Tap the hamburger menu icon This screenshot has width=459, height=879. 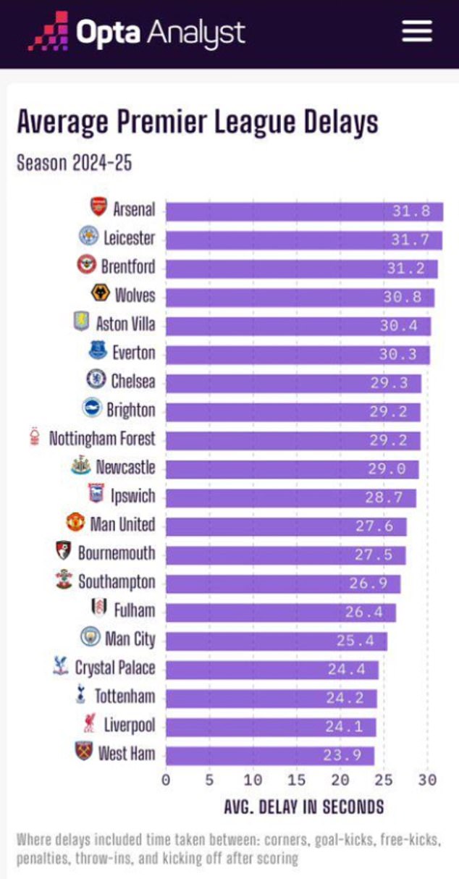click(417, 31)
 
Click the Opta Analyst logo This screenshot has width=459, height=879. click(138, 32)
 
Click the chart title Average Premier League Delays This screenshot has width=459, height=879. click(197, 122)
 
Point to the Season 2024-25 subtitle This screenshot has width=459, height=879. click(74, 162)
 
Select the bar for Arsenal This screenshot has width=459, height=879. click(304, 211)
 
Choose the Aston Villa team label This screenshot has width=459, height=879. click(125, 324)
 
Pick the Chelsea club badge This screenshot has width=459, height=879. click(96, 380)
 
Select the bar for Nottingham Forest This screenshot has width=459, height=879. click(292, 440)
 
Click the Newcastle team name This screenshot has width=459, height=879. click(125, 467)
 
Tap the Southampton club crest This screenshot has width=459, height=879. click(64, 581)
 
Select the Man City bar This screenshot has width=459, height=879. click(276, 641)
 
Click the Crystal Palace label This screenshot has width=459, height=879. click(115, 668)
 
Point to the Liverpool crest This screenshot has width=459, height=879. click(90, 724)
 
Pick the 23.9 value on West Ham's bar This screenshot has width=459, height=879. click(342, 755)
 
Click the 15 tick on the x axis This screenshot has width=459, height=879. click(297, 780)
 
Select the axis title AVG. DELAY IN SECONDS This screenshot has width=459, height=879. click(304, 807)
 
